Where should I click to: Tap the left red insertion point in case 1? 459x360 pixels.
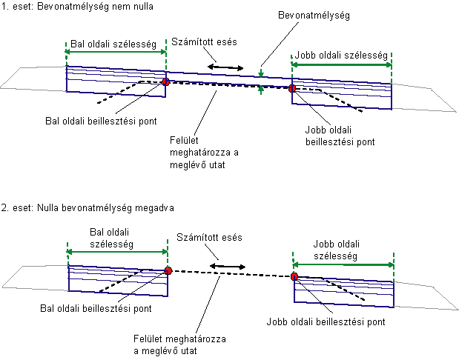[x=165, y=82]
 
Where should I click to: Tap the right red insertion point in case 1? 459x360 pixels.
[x=292, y=89]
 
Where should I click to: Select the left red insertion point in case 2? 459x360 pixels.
[x=168, y=271]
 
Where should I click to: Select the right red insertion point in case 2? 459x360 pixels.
[x=294, y=276]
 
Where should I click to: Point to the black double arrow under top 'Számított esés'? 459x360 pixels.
[x=225, y=68]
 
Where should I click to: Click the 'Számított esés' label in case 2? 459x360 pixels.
[x=210, y=237]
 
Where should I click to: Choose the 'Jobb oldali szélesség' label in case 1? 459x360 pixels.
[x=341, y=55]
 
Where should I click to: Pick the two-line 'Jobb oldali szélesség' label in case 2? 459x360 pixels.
[x=340, y=249]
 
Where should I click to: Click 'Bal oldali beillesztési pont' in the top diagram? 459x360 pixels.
[x=99, y=116]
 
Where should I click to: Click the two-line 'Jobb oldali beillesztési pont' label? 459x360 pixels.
[x=340, y=135]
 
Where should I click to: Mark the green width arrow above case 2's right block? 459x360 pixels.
[x=344, y=264]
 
